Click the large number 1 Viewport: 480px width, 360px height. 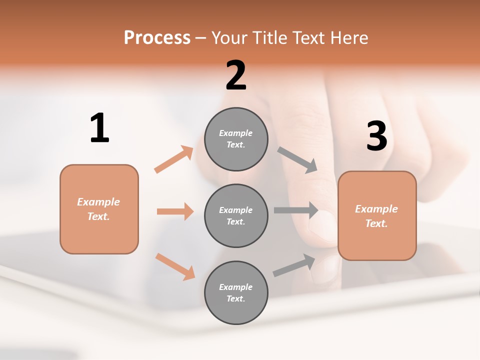[99, 128]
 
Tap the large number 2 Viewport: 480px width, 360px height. [236, 75]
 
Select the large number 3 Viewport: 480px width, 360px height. [376, 136]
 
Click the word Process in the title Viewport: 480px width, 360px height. [157, 37]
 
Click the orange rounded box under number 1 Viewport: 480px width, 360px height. [99, 209]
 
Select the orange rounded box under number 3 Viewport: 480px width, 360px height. [377, 215]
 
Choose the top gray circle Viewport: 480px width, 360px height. [236, 139]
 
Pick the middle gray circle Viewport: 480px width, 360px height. [236, 215]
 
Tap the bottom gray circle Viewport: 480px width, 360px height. [236, 292]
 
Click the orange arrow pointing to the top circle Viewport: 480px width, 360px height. [174, 159]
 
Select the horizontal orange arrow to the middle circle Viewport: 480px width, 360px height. [175, 211]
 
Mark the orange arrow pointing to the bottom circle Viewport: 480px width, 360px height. [175, 266]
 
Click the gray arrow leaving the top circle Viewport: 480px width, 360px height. [297, 160]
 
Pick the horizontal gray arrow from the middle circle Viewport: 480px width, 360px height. [296, 210]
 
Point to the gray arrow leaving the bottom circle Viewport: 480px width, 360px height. [294, 265]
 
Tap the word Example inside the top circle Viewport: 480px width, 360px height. [235, 133]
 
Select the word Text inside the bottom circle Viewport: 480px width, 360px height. [235, 298]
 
